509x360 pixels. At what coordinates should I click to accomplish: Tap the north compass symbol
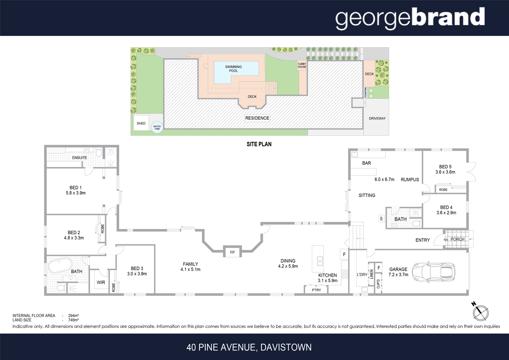coord(481,312)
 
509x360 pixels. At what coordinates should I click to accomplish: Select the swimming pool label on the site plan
coord(233,69)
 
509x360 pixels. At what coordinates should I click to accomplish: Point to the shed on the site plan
coord(141,123)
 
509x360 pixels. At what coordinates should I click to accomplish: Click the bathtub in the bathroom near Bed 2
coord(61,264)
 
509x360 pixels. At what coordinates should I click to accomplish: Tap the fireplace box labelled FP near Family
coord(232,252)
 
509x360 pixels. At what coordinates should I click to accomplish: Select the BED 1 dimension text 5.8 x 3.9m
coord(76,193)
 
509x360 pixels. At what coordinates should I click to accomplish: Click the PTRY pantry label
coord(316,290)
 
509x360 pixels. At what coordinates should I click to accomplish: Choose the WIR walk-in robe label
coord(101,282)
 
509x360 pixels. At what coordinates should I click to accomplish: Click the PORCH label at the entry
coord(457,239)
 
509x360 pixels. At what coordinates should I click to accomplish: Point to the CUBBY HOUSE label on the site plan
coord(302,66)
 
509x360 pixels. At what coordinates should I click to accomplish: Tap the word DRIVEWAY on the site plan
coord(377,118)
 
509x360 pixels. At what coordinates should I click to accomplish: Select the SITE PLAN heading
coord(258,144)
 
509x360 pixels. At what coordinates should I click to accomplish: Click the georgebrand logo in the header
coord(410,18)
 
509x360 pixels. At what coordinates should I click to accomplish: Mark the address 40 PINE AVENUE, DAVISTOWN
coord(249,348)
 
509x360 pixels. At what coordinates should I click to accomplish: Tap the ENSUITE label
coord(79,158)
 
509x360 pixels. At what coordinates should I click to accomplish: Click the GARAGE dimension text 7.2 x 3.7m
coord(398,275)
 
